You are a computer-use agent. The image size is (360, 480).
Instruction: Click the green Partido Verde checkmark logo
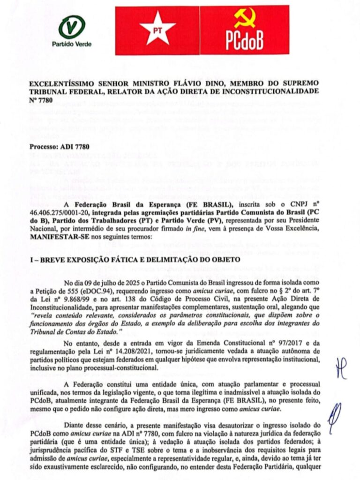coord(72,27)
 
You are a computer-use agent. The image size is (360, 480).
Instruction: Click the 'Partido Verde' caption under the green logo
coord(72,45)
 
